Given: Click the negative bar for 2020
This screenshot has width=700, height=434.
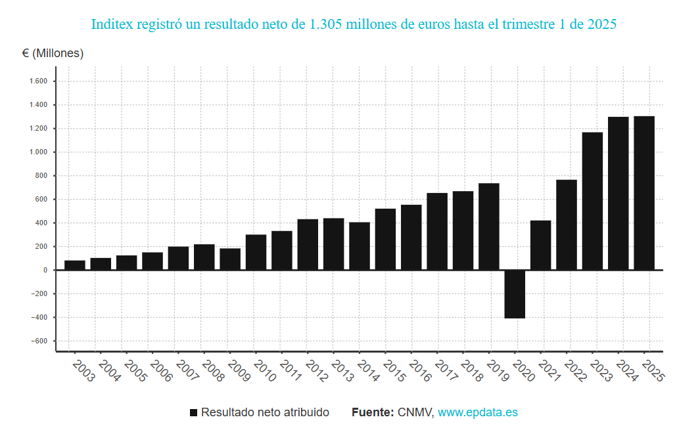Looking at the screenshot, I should pyautogui.click(x=515, y=294).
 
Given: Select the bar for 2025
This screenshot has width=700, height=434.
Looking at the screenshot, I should pyautogui.click(x=644, y=193).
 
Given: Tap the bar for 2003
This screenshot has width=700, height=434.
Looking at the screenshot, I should pyautogui.click(x=75, y=265).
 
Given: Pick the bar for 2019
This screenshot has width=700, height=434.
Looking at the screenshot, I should pyautogui.click(x=489, y=227).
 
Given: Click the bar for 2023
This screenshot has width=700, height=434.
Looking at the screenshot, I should pyautogui.click(x=592, y=201).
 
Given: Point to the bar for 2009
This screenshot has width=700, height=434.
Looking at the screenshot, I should pyautogui.click(x=230, y=259).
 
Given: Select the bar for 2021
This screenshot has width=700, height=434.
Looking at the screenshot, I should pyautogui.click(x=540, y=245).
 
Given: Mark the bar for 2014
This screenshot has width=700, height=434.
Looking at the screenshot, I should pyautogui.click(x=360, y=246).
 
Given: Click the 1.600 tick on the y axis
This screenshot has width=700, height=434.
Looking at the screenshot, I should pyautogui.click(x=39, y=81).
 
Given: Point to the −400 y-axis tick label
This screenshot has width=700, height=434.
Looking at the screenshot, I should pyautogui.click(x=39, y=318).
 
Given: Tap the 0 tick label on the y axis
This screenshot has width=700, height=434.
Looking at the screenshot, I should pyautogui.click(x=45, y=271).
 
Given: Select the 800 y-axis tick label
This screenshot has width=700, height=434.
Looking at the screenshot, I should pyautogui.click(x=41, y=176).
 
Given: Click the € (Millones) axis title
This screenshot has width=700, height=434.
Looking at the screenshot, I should pyautogui.click(x=53, y=53).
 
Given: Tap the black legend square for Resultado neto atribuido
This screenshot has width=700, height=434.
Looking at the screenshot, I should pyautogui.click(x=193, y=413).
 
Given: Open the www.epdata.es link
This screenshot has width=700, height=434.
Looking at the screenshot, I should pyautogui.click(x=478, y=412).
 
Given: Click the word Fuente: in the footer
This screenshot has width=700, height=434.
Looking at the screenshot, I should pyautogui.click(x=373, y=412).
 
